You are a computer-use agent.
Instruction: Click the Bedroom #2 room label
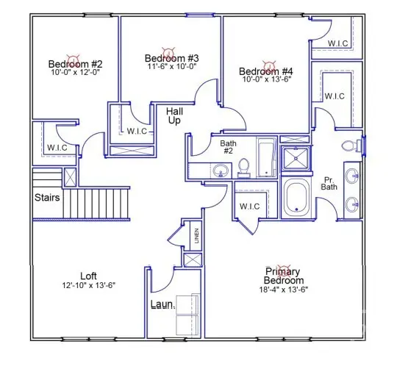point(75,63)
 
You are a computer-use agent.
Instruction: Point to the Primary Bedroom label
point(285,276)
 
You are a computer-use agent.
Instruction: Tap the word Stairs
point(46,197)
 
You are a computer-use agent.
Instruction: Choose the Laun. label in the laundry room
point(162,304)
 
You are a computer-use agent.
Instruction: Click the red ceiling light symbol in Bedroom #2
point(73,54)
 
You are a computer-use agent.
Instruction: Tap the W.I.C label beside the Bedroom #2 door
point(57,148)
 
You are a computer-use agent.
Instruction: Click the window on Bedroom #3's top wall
point(197,15)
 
